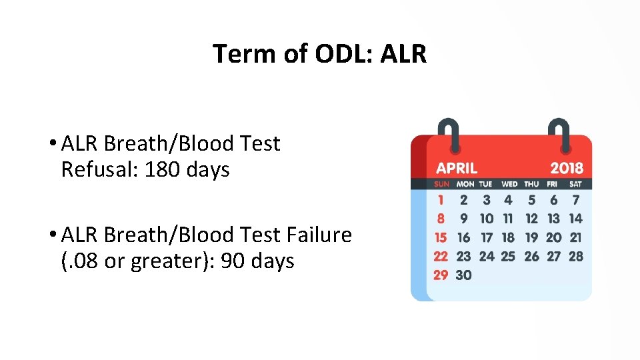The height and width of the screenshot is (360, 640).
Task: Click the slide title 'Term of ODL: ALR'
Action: [x=319, y=53]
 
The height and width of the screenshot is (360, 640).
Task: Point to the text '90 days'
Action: [x=257, y=261]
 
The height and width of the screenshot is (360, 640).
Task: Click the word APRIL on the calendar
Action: [x=457, y=168]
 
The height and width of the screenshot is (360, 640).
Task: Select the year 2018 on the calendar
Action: [x=566, y=168]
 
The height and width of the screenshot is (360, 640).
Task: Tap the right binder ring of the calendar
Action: [x=557, y=134]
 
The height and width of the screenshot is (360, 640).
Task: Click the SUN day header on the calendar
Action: [x=441, y=184]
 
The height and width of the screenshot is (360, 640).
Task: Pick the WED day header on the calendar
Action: [x=509, y=184]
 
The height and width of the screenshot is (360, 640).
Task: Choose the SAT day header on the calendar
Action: [x=575, y=184]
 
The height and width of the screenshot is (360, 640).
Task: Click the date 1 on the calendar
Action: [x=441, y=199]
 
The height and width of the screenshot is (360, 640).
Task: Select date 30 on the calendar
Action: [x=463, y=275]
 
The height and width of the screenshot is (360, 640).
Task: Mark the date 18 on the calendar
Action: [x=508, y=237]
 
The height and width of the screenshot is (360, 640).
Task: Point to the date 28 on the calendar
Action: [x=576, y=256]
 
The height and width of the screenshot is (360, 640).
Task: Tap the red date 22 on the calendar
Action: [x=441, y=256]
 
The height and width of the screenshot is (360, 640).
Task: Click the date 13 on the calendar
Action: [x=553, y=218]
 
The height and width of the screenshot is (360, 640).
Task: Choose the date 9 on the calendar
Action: [x=463, y=218]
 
